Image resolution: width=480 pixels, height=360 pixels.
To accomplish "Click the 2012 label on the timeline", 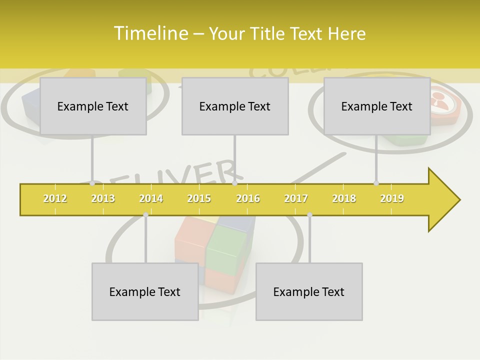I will point(55,198).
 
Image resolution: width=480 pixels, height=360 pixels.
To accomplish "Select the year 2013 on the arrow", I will point(103,198).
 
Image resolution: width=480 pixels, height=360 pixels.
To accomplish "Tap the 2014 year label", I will point(151,198).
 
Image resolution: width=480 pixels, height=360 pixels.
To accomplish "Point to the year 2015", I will point(199,198).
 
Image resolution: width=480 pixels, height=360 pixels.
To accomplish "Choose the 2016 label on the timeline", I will point(248,198).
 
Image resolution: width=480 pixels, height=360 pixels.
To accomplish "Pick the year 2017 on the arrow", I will point(296,198).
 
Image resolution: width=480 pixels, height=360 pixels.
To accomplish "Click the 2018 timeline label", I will point(344,198).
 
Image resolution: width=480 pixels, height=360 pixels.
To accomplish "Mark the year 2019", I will point(392,198).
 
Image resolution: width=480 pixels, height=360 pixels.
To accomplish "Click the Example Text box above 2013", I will point(93,106).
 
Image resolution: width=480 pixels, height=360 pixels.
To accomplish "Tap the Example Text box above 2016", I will point(235,106).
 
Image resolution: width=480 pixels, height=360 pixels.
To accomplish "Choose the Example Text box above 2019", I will point(377,106).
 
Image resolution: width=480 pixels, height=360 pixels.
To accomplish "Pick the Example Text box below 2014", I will point(145,291).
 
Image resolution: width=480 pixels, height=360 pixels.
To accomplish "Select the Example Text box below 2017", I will point(309,291).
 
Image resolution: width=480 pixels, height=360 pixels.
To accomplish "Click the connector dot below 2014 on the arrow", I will point(145,214).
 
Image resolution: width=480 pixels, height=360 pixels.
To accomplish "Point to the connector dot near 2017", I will point(309,214).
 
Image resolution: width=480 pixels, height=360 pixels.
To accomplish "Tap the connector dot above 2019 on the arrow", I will point(376,183).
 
